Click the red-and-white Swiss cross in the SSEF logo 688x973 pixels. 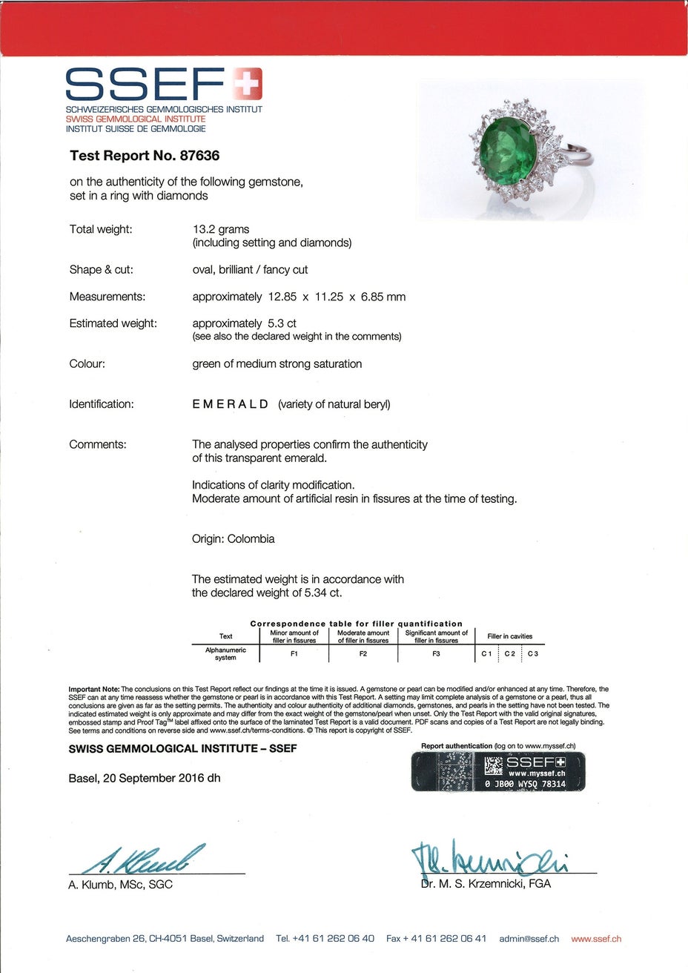(x=247, y=83)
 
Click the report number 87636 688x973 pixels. (x=196, y=156)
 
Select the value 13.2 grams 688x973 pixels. (x=221, y=229)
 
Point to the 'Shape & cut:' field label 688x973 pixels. (x=102, y=270)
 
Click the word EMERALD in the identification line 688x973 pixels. (x=230, y=404)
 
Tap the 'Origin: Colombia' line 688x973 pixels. (x=233, y=539)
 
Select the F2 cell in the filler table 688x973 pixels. (x=363, y=654)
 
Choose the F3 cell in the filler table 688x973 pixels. (x=436, y=654)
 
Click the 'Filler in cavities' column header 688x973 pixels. (x=509, y=636)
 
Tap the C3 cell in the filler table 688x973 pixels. (x=533, y=654)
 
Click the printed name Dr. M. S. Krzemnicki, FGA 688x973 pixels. (x=486, y=884)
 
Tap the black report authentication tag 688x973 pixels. (x=498, y=771)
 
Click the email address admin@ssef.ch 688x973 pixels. (x=529, y=939)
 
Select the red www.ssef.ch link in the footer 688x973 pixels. (x=596, y=939)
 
